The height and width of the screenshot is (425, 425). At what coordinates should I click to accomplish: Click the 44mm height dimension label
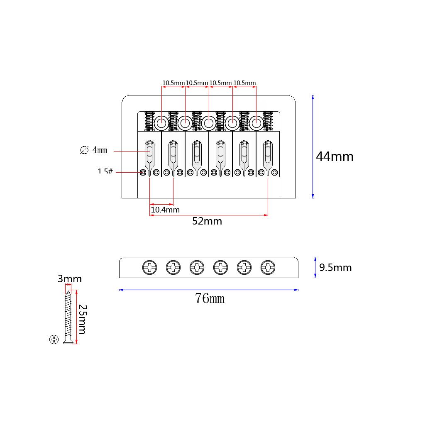[335, 156]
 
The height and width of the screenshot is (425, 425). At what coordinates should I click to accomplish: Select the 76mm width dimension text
[210, 298]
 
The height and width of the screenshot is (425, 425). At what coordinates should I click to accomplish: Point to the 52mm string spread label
[207, 221]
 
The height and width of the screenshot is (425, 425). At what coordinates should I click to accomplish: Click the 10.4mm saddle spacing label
[165, 210]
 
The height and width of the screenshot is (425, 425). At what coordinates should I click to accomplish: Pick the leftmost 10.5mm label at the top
[173, 83]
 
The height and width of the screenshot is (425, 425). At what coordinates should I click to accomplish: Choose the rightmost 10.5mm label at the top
[244, 83]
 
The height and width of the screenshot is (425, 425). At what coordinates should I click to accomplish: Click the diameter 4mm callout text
[94, 150]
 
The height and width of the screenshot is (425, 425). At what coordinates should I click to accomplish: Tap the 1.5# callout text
[105, 171]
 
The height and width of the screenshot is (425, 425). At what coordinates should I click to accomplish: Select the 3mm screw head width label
[69, 279]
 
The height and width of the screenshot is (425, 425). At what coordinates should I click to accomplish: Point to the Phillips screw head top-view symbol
[54, 340]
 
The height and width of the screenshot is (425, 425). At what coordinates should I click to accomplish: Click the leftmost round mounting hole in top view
[161, 122]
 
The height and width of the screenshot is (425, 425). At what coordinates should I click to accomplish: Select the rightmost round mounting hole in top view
[256, 122]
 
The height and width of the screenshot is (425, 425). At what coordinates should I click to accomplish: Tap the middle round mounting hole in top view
[209, 122]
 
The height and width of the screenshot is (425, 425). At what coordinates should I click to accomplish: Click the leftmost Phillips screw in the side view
[149, 267]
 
